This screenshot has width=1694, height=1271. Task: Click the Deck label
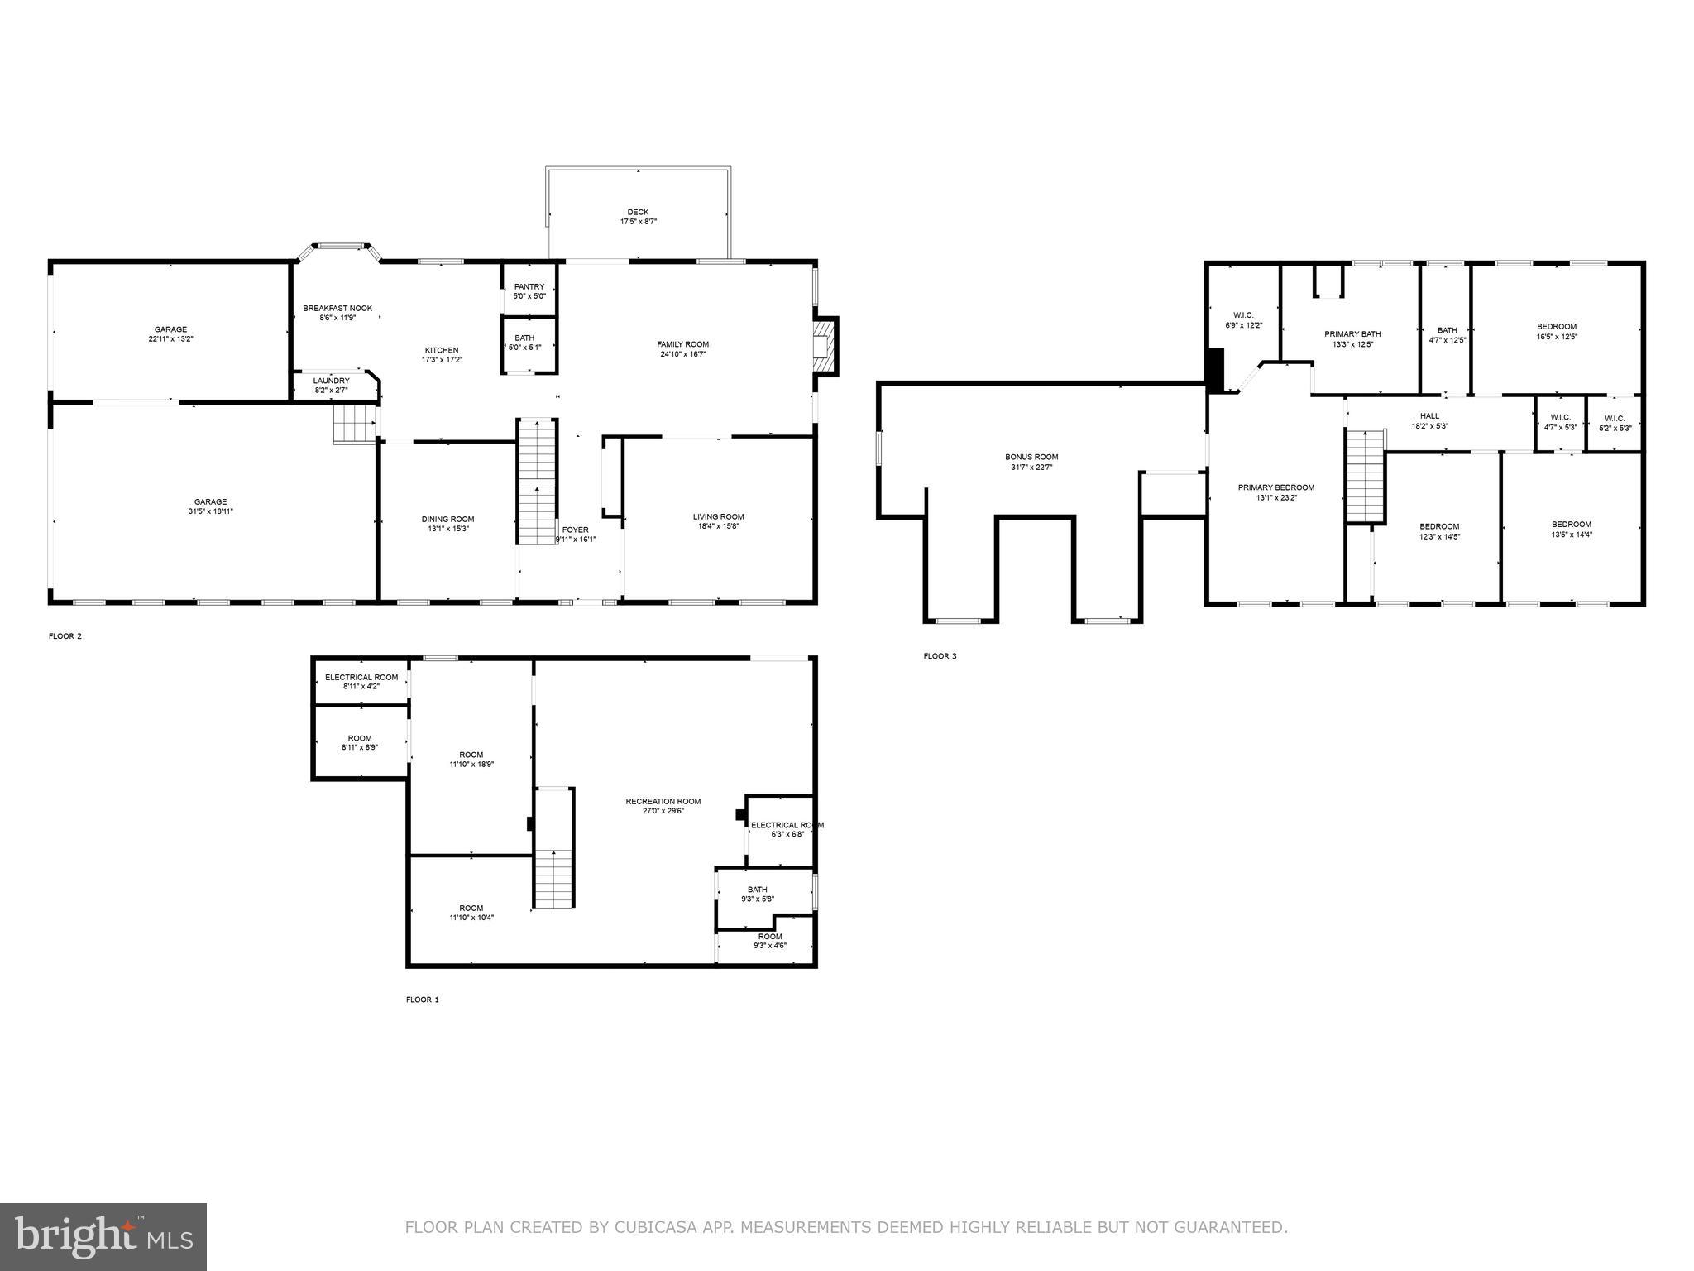(x=638, y=213)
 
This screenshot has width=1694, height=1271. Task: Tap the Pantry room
(x=529, y=290)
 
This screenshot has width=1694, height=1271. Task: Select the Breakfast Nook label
(x=337, y=309)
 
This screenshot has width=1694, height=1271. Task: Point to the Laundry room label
(x=331, y=381)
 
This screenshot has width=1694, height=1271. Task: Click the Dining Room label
(x=447, y=520)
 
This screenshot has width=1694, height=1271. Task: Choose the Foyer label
(x=576, y=530)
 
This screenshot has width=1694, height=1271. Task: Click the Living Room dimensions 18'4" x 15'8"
(x=718, y=525)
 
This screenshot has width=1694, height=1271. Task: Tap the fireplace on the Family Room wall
(x=824, y=343)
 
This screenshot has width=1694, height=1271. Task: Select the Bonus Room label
(x=1031, y=457)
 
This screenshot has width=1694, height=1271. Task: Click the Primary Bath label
(x=1352, y=334)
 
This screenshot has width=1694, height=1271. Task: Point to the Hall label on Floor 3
(x=1429, y=416)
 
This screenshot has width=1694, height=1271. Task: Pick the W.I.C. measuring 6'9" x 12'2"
(x=1243, y=320)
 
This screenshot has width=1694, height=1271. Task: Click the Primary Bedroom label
(x=1275, y=487)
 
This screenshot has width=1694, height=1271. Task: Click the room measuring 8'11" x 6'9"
(x=360, y=742)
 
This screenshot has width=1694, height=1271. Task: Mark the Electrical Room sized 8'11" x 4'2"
(x=361, y=682)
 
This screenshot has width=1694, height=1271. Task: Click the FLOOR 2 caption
(x=65, y=636)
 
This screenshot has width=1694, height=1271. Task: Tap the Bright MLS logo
(x=103, y=1237)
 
